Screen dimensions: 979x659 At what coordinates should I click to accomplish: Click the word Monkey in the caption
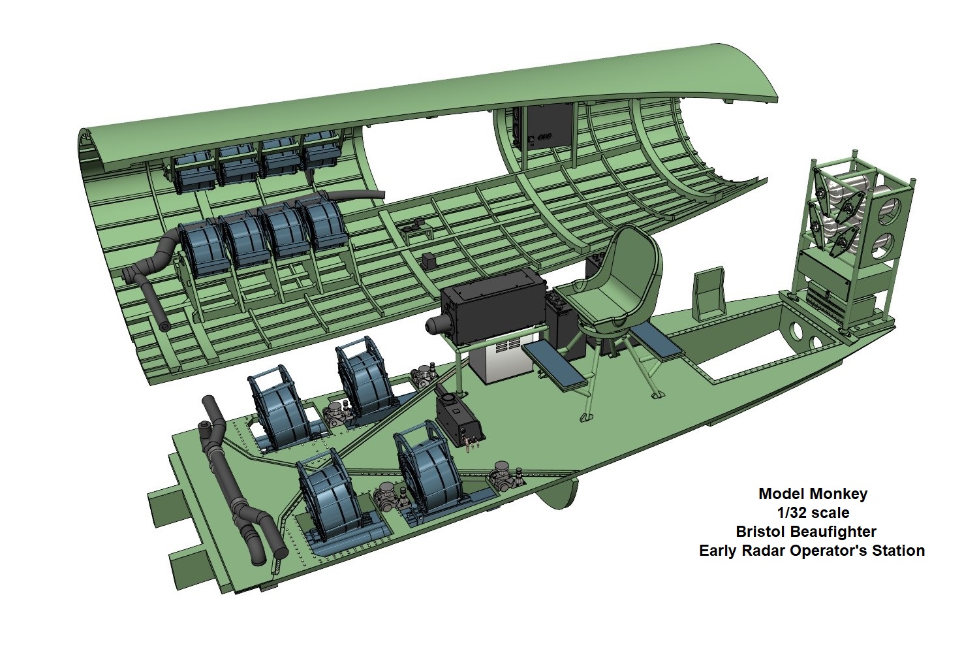click(x=839, y=494)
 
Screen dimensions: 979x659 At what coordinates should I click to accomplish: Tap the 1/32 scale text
click(x=813, y=513)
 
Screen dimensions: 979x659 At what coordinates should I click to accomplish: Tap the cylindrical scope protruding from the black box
click(x=437, y=325)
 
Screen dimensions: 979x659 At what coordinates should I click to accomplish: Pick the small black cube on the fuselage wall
click(x=429, y=260)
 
